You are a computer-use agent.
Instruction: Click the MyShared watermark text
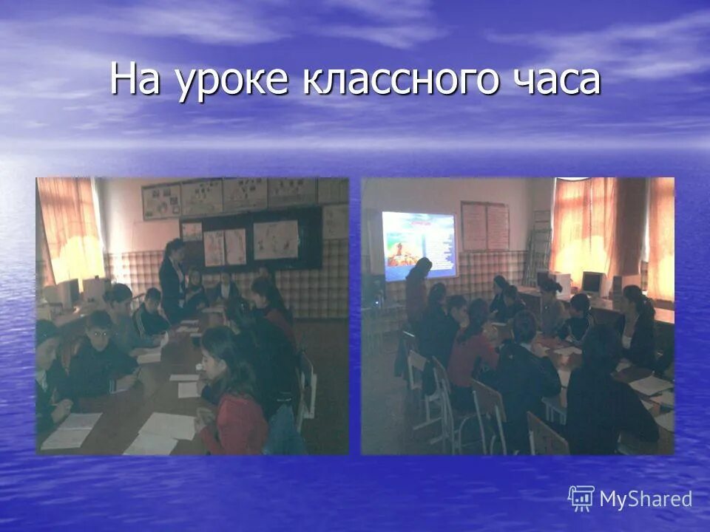coord(646,499)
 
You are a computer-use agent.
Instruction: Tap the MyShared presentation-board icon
coord(581,498)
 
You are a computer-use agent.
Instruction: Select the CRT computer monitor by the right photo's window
coord(592,282)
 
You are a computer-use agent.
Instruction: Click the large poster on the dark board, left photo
coord(275,239)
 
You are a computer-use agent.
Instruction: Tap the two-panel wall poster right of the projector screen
coord(484,226)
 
